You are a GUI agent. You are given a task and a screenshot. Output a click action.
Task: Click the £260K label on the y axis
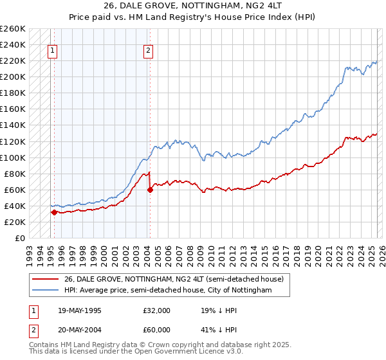[13, 29]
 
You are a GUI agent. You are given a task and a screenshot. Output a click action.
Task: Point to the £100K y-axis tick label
[13, 157]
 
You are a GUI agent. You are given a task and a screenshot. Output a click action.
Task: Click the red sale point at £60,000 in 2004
[150, 190]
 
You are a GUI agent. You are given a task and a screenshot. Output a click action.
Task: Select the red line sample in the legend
[44, 279]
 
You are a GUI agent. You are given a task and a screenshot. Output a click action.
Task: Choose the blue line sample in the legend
[44, 291]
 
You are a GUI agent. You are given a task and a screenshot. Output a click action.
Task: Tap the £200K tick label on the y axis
[13, 77]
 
